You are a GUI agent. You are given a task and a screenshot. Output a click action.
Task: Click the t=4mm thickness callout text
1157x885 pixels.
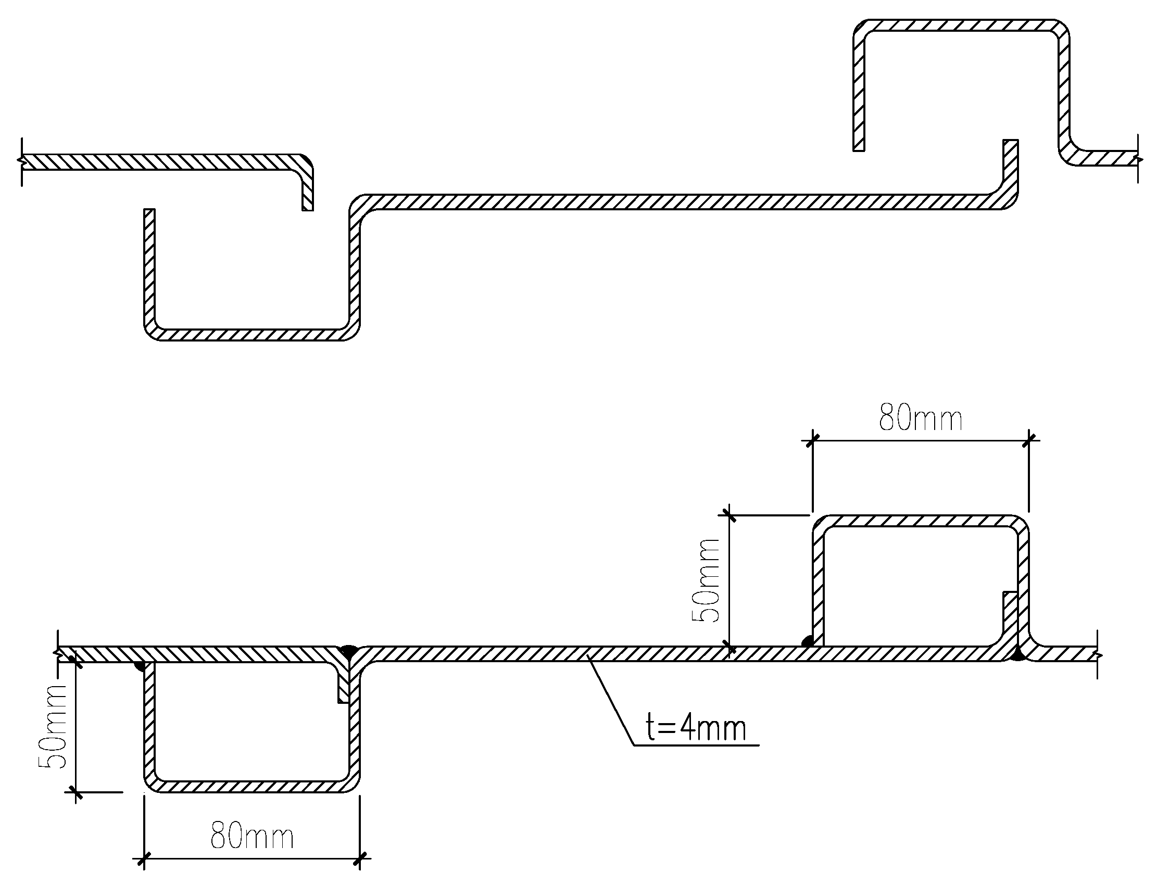point(696,729)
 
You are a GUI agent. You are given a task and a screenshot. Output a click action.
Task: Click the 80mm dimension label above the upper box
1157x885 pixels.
point(921,419)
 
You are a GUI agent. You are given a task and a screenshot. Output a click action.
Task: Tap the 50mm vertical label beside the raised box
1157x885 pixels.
point(706,580)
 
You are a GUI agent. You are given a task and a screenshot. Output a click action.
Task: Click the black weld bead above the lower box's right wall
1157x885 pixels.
point(348,649)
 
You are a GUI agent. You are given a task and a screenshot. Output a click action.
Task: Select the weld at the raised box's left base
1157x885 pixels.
point(806,641)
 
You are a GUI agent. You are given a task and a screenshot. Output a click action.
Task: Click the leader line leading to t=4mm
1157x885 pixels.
point(611,701)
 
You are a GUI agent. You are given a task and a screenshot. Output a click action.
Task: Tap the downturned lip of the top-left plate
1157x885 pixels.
point(307,189)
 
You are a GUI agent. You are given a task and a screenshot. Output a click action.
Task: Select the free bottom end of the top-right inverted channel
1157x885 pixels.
point(859,147)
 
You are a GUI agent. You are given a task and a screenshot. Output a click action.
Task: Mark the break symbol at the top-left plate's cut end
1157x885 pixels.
point(21,162)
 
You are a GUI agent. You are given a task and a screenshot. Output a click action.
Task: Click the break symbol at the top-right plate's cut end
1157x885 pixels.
point(1138,158)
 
